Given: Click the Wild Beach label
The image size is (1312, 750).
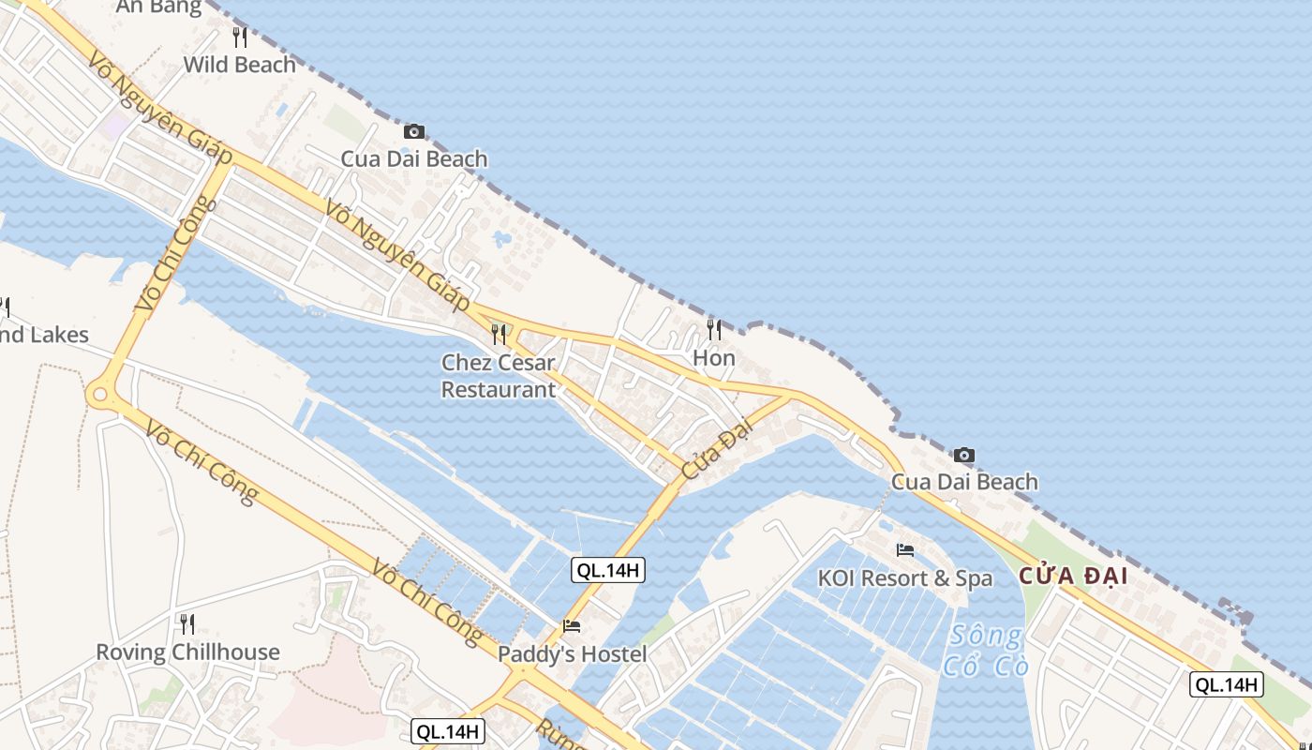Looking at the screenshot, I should coord(240,65).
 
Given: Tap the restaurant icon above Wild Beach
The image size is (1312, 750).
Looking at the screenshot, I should coord(240,37).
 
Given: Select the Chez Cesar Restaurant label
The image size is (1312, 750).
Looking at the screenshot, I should coord(499,376).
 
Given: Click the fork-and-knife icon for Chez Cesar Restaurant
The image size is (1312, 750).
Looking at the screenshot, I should coord(499,334).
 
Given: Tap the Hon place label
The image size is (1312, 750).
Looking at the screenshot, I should coord(714,358).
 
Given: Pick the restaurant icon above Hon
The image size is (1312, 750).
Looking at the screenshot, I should coord(714,330).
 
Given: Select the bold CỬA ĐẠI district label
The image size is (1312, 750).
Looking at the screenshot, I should coord(1072,576).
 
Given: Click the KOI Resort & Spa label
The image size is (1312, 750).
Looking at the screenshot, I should coord(904,578).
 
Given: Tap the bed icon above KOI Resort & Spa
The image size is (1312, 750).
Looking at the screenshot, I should coord(904,550).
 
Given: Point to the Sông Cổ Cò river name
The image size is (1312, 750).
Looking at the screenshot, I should coord(985,651).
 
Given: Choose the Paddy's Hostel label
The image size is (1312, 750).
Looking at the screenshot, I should coord(572,654).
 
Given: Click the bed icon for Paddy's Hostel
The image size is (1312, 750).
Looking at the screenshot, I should coord(572,626).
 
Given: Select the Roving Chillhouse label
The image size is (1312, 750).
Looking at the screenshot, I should coord(187,652).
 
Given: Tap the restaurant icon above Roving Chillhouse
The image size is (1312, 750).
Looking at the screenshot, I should coord(187,623).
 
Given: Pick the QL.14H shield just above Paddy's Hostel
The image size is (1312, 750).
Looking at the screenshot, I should coord(608,570).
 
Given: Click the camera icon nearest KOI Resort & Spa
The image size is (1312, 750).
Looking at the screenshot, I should coord(964,456).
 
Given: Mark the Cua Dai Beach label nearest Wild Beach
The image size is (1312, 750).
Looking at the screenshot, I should coord(414,158).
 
